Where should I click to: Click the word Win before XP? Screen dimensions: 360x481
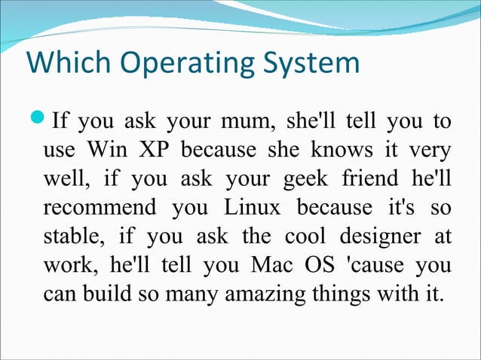[x=107, y=149]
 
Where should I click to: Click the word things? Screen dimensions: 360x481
[x=348, y=293]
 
